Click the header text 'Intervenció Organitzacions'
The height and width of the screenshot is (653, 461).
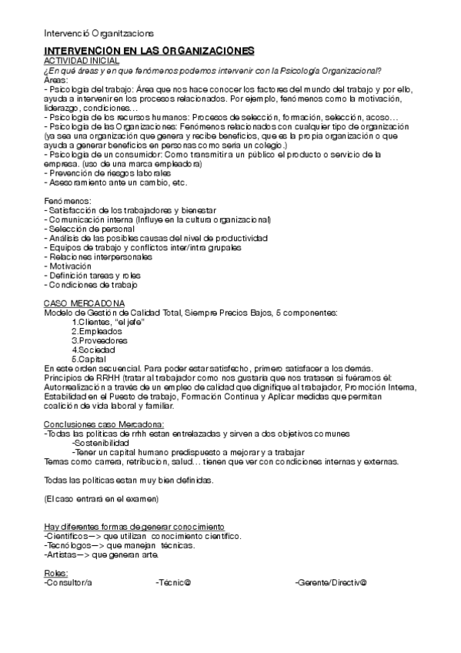coord(99,33)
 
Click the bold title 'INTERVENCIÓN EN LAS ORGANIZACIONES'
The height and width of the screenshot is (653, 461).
coord(149,51)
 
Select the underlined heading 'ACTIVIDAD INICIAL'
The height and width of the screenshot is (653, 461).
coord(81,60)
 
